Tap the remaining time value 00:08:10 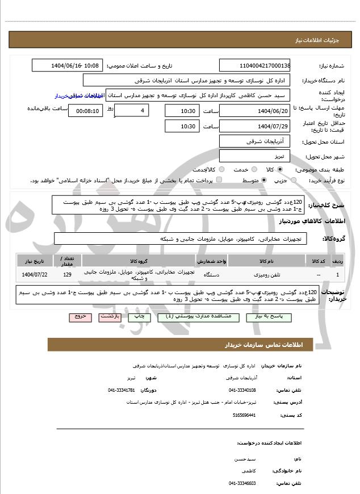click(86, 111)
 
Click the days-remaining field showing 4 click(132, 111)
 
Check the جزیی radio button click(294, 181)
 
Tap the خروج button click(80, 317)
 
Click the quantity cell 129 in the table click(68, 275)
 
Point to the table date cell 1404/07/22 click(35, 275)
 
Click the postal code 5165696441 click(244, 415)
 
